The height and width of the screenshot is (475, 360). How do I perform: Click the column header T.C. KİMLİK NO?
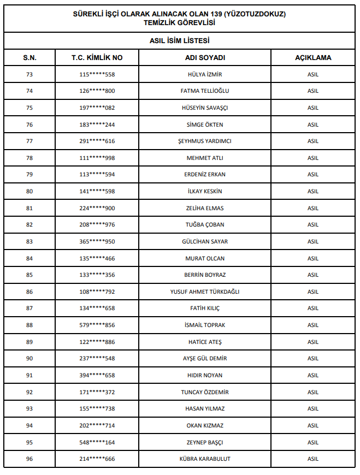tap(97, 57)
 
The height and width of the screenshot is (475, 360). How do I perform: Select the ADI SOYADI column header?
tap(205, 57)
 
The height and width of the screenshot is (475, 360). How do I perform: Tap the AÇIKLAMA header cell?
tap(312, 57)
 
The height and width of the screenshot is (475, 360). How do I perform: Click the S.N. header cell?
tap(29, 57)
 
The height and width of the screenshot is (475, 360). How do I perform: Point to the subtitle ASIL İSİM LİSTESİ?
tap(180, 40)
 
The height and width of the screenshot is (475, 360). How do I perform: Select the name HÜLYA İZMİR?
tap(205, 75)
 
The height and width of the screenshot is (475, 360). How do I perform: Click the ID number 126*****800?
tap(97, 91)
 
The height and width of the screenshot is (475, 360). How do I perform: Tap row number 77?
tap(29, 141)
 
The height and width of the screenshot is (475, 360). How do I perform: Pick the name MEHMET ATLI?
tap(205, 158)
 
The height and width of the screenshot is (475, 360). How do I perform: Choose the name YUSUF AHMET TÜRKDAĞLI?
tap(205, 292)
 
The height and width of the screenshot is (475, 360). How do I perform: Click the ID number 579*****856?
tap(97, 325)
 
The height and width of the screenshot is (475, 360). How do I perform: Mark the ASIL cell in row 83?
tap(312, 242)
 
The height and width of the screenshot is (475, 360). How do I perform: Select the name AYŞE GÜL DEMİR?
tap(205, 359)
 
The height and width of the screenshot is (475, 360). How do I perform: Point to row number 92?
tap(29, 393)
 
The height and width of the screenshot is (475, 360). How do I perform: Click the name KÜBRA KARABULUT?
tap(205, 459)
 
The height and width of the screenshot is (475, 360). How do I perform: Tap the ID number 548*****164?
tap(97, 442)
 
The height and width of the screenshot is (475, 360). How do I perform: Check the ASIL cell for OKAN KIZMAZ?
tap(312, 426)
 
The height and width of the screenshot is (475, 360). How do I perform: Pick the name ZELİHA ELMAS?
tap(205, 209)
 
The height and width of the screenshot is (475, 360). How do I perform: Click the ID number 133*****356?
tap(97, 275)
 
